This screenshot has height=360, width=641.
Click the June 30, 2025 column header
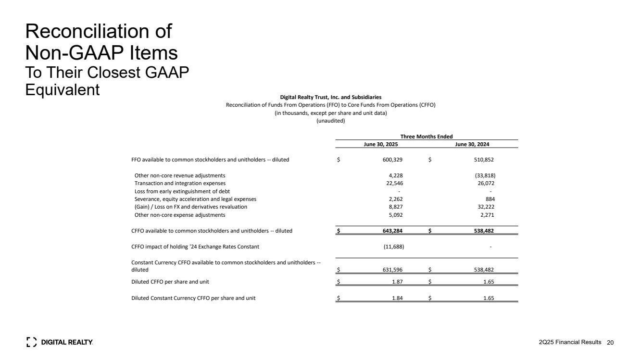tap(380, 144)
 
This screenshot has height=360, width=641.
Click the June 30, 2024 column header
tap(472, 144)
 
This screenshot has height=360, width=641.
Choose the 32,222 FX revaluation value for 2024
tap(485, 207)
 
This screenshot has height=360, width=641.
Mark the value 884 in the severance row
tap(490, 199)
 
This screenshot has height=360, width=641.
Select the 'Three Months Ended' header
tap(427, 137)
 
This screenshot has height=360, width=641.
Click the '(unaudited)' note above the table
tap(330, 121)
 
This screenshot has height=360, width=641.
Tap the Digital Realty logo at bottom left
tap(59, 342)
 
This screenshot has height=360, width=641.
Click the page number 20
tap(611, 342)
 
